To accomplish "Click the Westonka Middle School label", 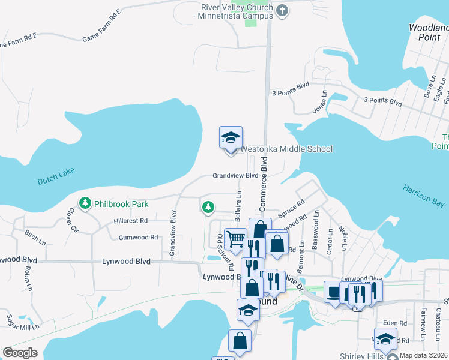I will pos(286,149).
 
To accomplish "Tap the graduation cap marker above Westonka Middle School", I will pos(231,139).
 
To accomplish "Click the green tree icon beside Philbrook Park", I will pos(85,204).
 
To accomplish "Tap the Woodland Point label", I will pos(428,32).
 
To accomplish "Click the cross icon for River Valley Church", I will pos(283,10).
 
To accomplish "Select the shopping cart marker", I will pos(235,239).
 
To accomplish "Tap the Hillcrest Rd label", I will pos(130,221).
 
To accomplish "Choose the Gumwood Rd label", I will pos(138,238).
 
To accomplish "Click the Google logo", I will pos(20,353).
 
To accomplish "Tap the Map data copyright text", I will pos(423,355).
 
